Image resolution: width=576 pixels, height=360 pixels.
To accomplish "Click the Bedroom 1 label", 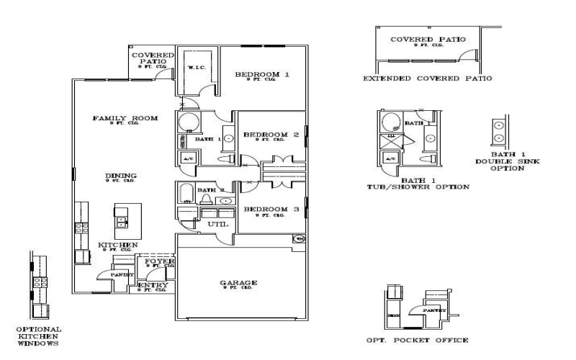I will tap(263, 75).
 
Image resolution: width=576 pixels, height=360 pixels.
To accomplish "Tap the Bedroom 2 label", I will tap(271, 135).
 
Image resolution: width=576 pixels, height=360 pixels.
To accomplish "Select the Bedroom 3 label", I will tap(271, 210).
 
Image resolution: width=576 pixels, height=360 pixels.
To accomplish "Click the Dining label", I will tap(121, 176).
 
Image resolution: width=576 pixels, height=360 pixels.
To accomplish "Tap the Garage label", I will tap(238, 283).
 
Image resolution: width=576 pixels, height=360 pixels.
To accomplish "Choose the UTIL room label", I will tap(218, 225).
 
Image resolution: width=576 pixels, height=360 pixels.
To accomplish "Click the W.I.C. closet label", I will tap(197, 68).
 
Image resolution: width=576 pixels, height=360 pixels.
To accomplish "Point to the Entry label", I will tap(153, 285).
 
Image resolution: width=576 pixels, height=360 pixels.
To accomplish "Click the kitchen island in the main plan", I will tap(122, 220).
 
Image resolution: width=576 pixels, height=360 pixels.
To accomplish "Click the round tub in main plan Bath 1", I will tap(189, 122).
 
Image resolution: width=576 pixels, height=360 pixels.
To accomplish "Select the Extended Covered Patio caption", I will tap(427, 78).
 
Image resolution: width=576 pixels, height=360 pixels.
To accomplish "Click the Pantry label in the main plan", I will tap(120, 274).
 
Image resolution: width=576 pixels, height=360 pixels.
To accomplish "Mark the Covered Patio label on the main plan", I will tap(153, 58).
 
